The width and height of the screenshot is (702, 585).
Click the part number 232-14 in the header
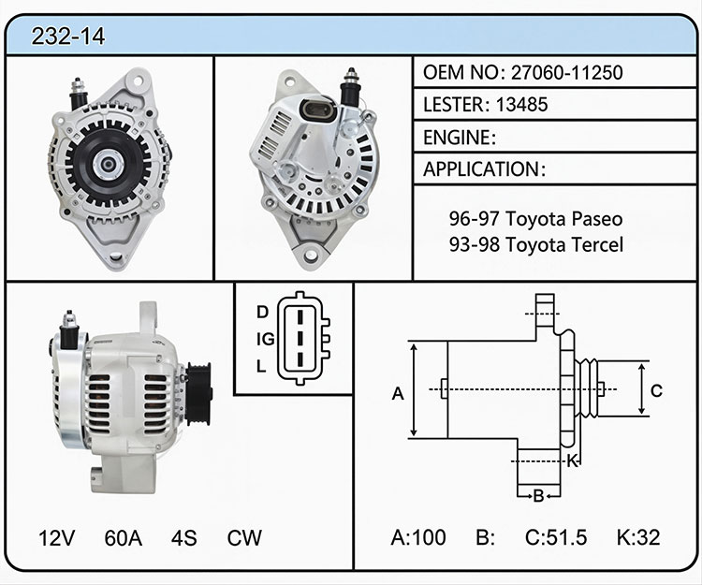pos(68,37)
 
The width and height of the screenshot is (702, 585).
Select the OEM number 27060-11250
pos(567,72)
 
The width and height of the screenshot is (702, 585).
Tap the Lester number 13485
pos(521,105)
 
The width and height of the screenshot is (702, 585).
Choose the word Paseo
pos(597,219)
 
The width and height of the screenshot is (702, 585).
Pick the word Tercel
pos(597,245)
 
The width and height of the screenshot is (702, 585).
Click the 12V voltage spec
pos(56,538)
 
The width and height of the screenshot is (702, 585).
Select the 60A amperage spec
pos(124,538)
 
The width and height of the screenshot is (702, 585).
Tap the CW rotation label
pos(244,538)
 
